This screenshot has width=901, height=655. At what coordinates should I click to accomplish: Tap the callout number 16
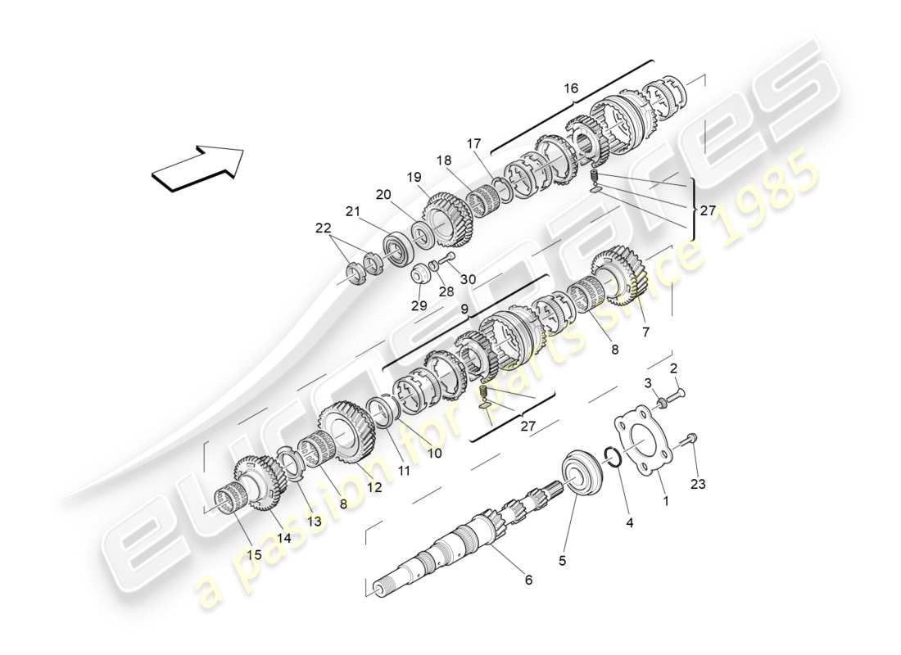click(x=570, y=88)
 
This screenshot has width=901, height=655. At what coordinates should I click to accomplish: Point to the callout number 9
click(x=464, y=310)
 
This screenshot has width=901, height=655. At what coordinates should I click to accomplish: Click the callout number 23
click(x=697, y=484)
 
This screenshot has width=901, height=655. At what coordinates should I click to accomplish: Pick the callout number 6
click(x=528, y=580)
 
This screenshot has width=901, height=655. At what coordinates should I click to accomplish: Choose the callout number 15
click(x=255, y=554)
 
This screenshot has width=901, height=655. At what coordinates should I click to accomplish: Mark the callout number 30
click(x=468, y=279)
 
